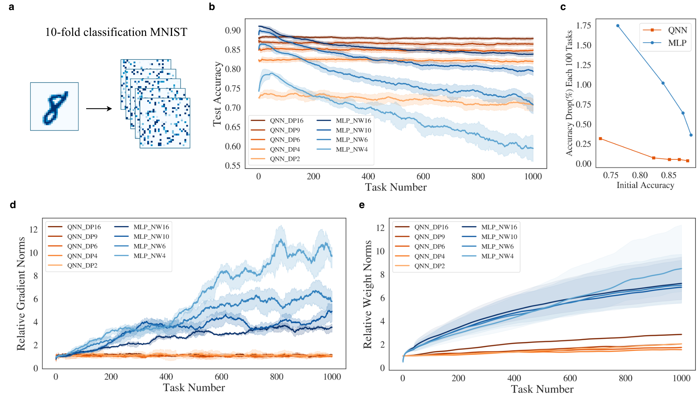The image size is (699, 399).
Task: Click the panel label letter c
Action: click(563, 7)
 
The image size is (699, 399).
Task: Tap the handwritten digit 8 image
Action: click(55, 107)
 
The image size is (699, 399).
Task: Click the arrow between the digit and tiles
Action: click(99, 109)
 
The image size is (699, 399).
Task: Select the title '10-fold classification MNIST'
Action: click(116, 32)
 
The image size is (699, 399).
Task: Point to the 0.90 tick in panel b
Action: click(233, 30)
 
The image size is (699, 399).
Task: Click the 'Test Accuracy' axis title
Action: click(217, 94)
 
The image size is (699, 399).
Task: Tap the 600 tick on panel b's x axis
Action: click(423, 177)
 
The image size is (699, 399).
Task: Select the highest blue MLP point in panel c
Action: click(618, 26)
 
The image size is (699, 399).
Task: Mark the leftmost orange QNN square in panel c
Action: click(600, 139)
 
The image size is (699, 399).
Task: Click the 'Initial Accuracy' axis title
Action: click(645, 186)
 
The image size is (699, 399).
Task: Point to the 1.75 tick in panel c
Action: click(583, 25)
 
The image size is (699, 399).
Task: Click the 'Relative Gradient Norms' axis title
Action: click(21, 294)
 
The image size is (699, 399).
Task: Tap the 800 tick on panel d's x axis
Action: click(276, 377)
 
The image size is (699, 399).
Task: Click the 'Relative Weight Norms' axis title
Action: click(368, 295)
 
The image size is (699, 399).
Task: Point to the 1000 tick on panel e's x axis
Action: click(681, 378)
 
